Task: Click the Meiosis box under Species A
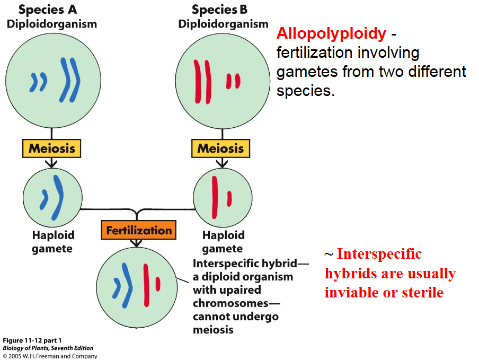[x=51, y=148]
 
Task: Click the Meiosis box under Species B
[x=220, y=148]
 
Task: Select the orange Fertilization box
[x=139, y=231]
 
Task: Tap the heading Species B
[x=219, y=10]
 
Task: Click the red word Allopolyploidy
[x=331, y=34]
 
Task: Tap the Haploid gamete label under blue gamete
[x=53, y=242]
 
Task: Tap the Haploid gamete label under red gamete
[x=223, y=242]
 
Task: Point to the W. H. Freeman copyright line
[x=50, y=356]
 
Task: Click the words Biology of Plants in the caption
[x=26, y=348]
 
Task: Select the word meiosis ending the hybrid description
[x=213, y=330]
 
